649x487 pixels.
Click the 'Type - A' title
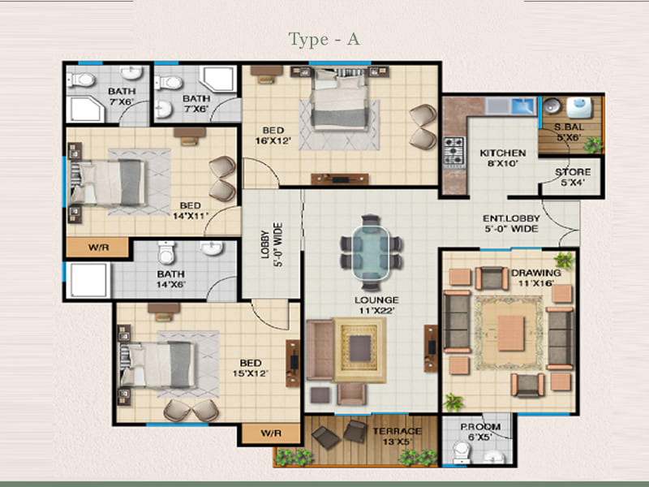(x=324, y=40)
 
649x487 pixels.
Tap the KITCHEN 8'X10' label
(x=502, y=158)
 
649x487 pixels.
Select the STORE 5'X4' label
(x=573, y=177)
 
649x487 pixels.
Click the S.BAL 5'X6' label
(x=569, y=132)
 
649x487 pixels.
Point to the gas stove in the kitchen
(x=454, y=152)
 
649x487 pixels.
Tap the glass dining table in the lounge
(x=371, y=252)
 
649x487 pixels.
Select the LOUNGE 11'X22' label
(x=376, y=305)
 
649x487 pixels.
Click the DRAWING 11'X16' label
(x=536, y=278)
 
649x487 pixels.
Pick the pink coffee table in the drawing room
(x=511, y=333)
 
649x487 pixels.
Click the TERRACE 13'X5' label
(x=397, y=436)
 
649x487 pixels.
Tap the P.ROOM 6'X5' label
(x=480, y=432)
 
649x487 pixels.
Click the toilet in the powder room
(x=461, y=452)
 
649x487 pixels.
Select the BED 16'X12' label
(x=273, y=136)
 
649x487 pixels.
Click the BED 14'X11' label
(x=191, y=210)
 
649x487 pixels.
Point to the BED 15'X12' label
(x=251, y=368)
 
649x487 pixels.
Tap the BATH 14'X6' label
(x=170, y=279)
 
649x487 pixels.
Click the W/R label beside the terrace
(x=271, y=433)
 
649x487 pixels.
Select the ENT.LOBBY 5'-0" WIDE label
(x=512, y=223)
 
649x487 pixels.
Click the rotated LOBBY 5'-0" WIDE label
(x=272, y=245)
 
